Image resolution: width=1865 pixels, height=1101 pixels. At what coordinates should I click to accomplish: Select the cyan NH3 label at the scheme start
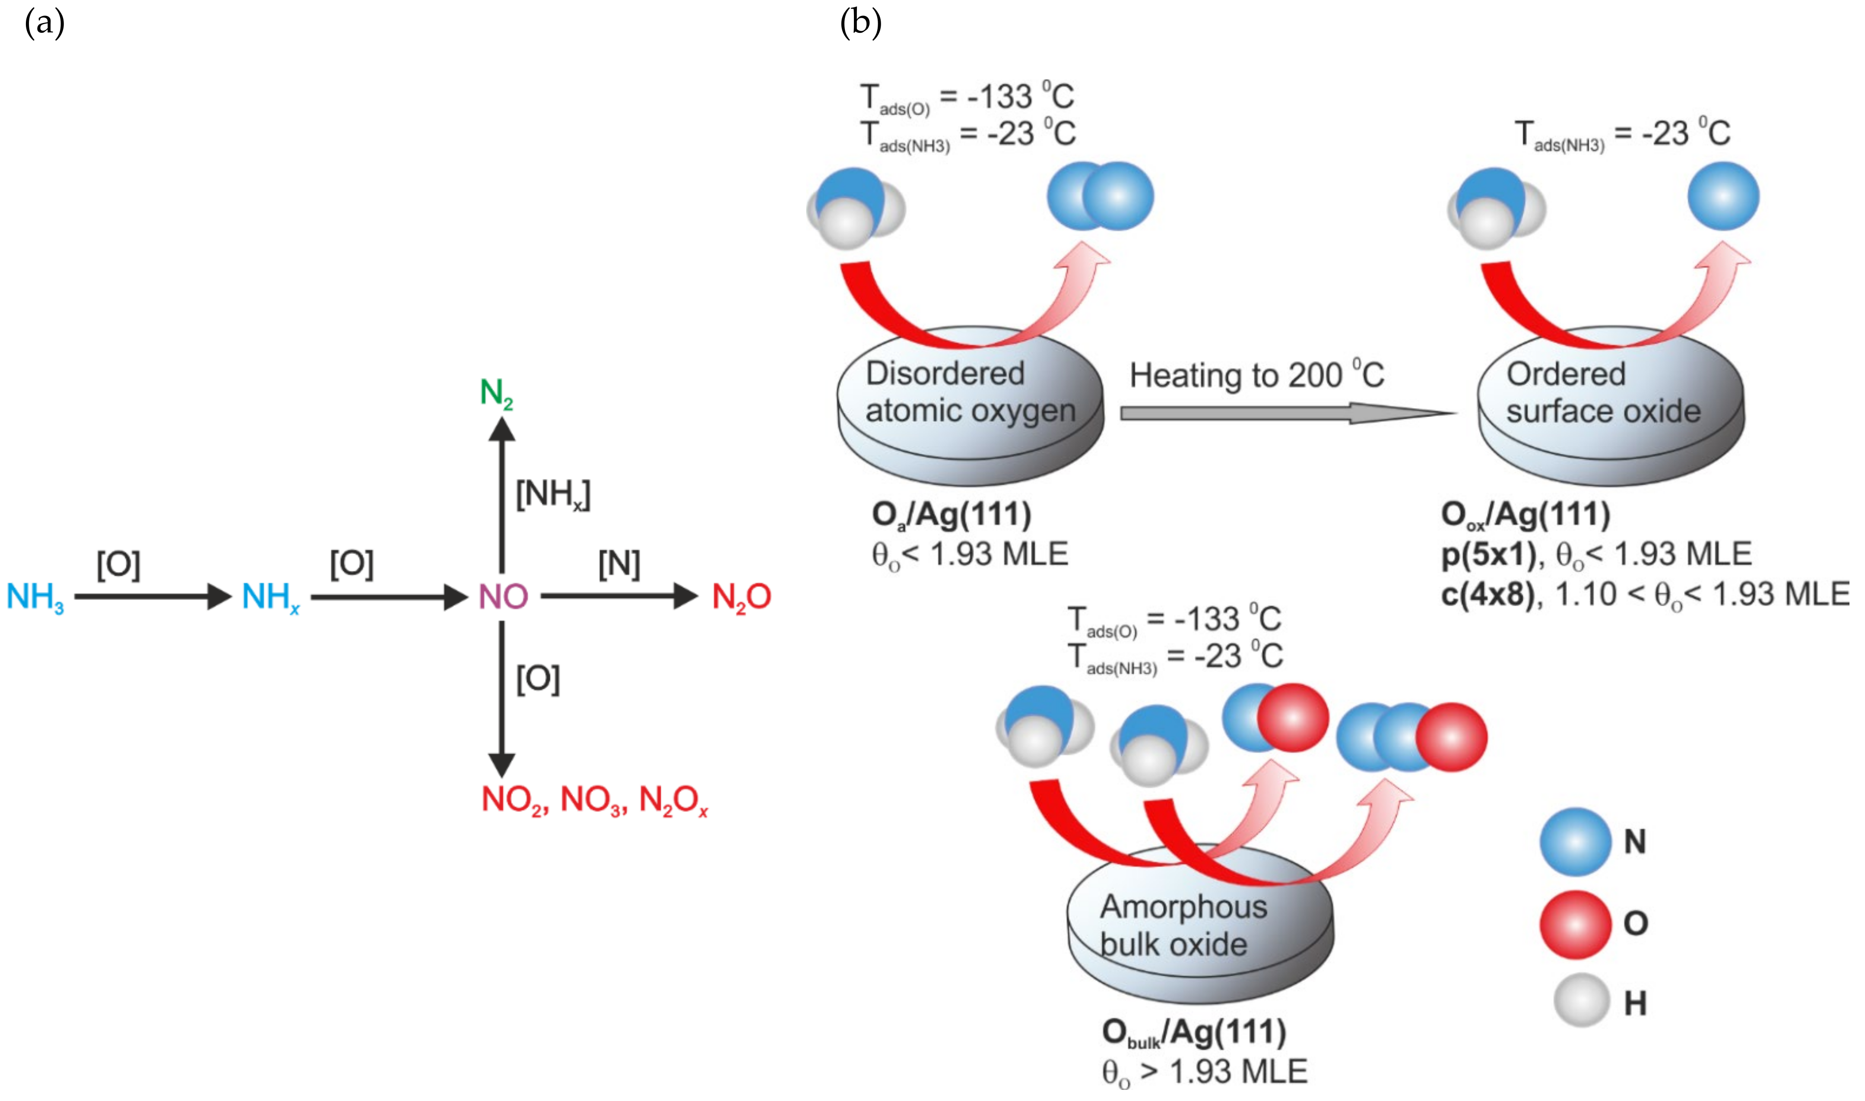35,597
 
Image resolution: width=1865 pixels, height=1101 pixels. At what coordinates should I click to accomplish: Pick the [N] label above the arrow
619,564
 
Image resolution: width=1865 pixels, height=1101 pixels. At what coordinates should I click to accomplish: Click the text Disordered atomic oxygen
969,392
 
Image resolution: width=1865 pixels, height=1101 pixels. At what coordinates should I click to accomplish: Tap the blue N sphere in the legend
1575,842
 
